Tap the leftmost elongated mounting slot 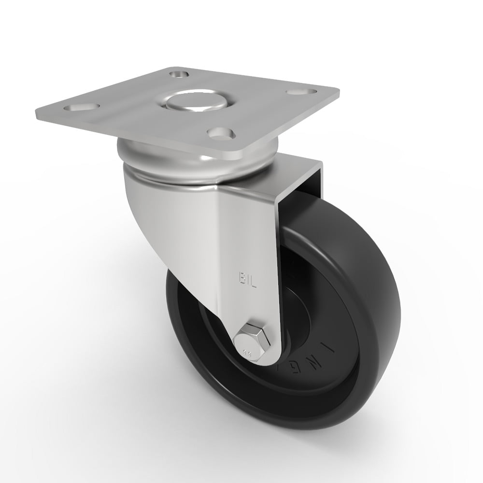point(84,106)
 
